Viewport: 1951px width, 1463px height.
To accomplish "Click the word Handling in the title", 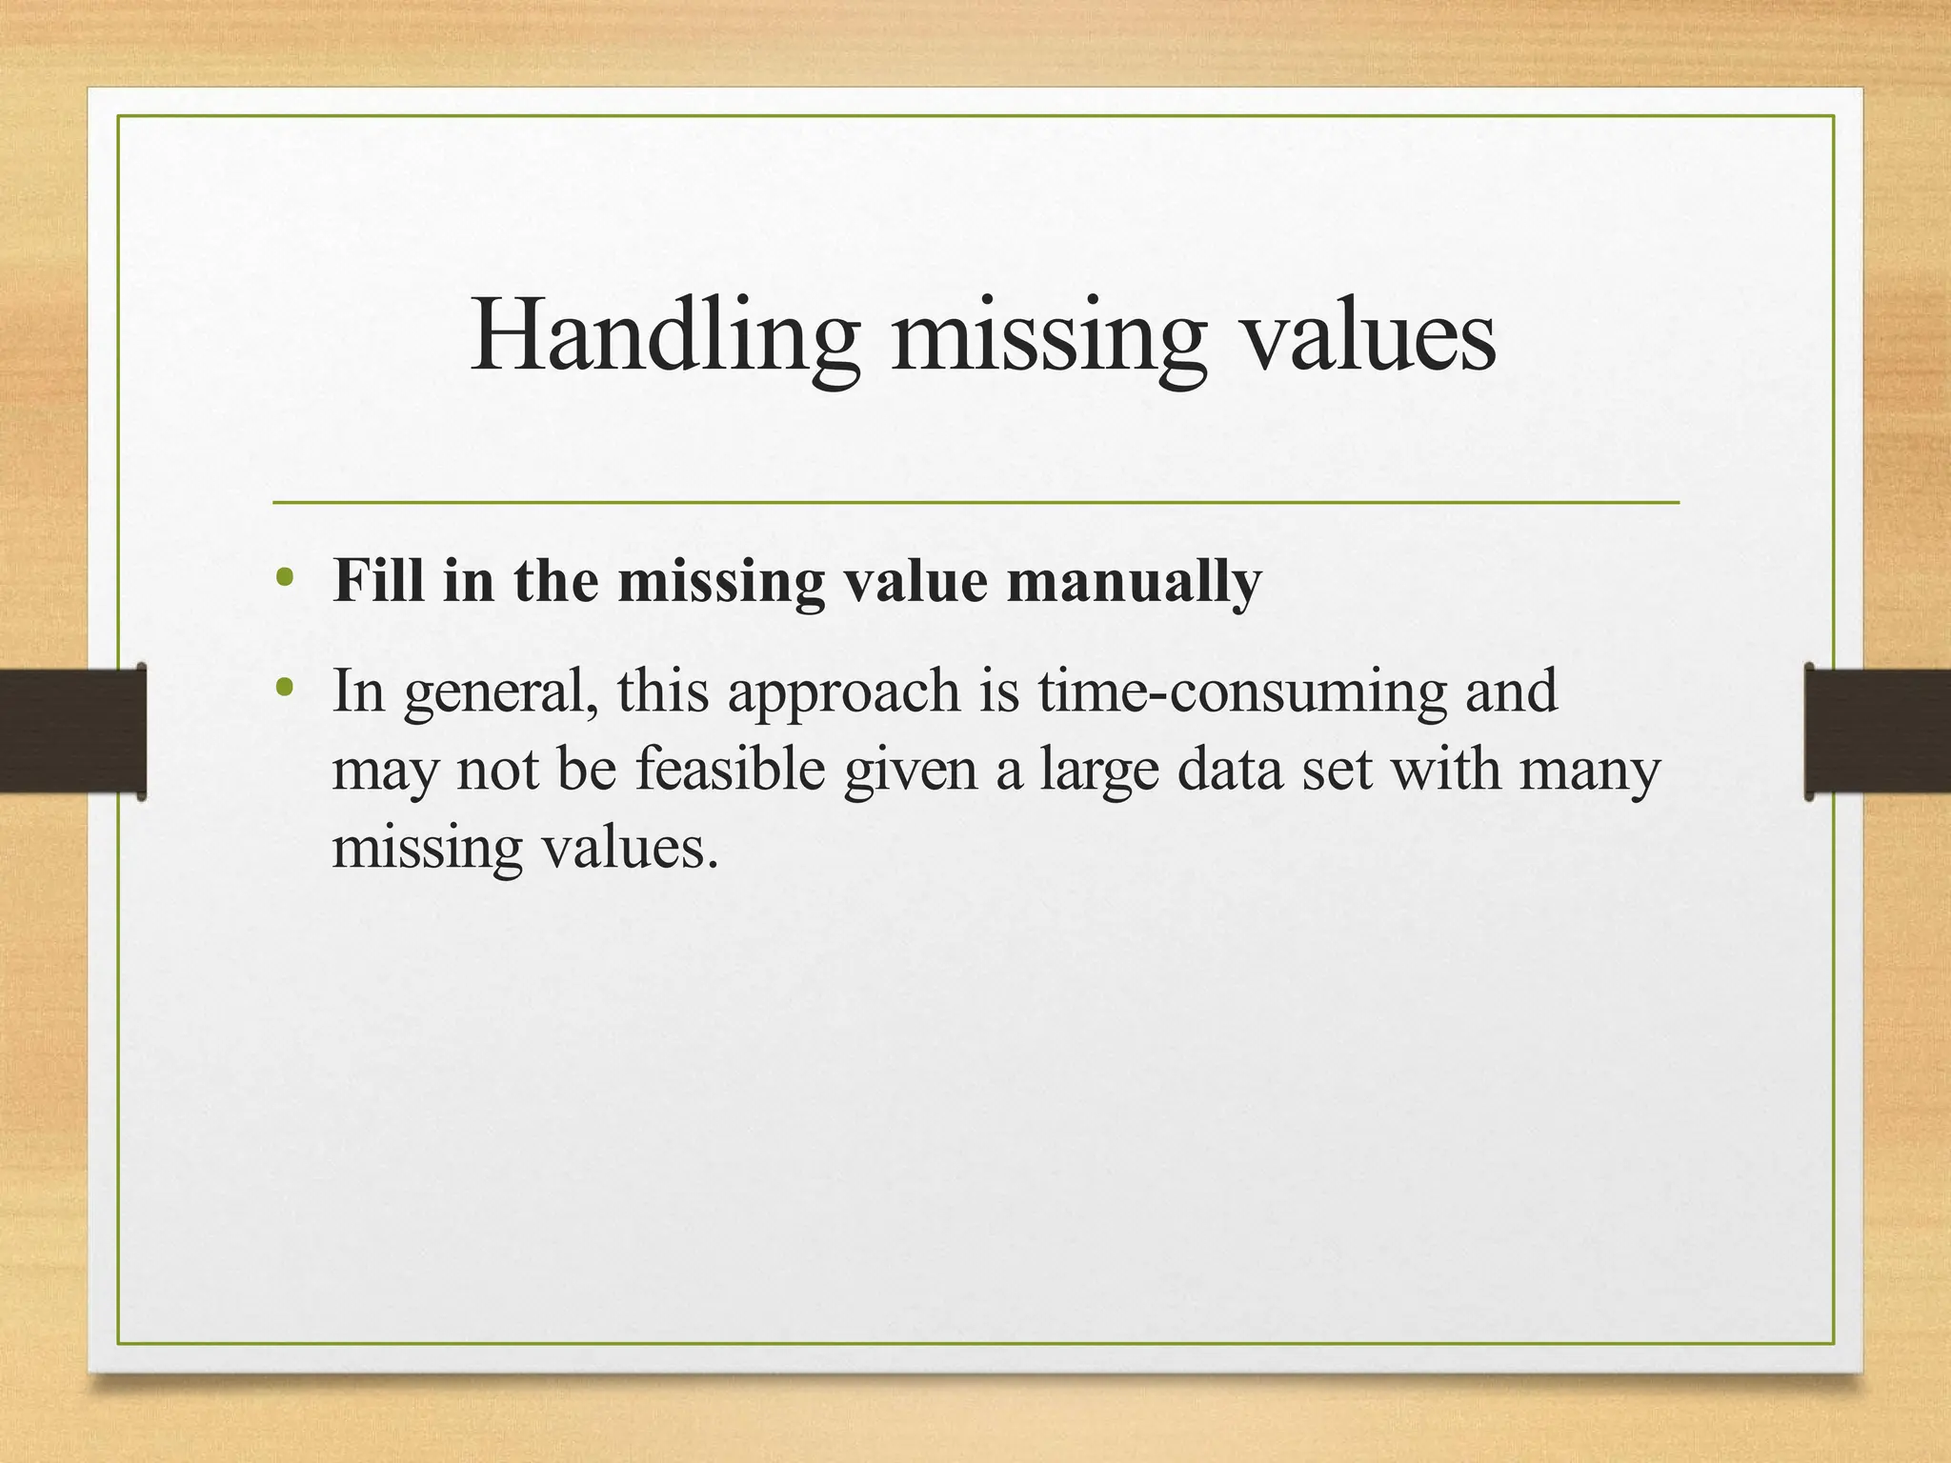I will coord(665,335).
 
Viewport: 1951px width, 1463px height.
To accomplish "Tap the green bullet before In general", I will coord(283,687).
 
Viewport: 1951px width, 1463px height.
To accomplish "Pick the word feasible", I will coord(730,769).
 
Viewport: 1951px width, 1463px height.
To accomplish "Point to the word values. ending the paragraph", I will coord(630,847).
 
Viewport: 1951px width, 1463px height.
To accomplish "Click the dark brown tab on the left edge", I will coord(71,731).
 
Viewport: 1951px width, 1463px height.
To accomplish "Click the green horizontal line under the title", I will coord(975,502).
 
